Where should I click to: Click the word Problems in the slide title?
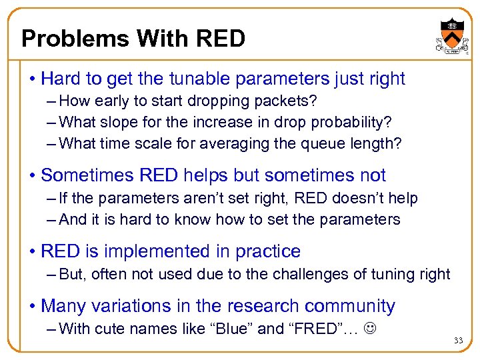point(75,39)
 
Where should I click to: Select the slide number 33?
point(457,341)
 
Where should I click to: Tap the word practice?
point(267,251)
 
